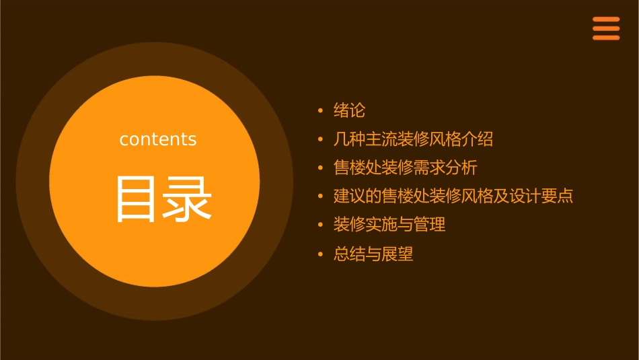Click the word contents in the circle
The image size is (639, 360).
158,139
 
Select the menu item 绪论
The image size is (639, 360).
349,110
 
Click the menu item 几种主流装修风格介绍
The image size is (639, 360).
413,139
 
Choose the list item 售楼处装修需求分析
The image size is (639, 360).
405,168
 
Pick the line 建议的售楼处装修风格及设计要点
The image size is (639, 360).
453,196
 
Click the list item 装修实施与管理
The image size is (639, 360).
389,225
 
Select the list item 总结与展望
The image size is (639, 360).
373,254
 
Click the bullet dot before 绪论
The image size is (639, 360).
321,110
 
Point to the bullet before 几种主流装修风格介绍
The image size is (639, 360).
321,139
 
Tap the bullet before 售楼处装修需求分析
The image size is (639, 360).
321,168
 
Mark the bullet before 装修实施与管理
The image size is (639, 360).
321,225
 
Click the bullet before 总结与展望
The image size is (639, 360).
321,254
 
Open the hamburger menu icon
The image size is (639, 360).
606,28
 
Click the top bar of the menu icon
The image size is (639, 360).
606,20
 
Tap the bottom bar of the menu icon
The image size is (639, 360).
606,38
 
